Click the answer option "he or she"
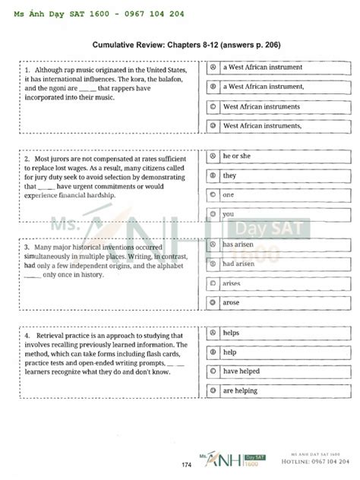coord(236,156)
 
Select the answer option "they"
coord(229,175)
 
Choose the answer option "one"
coord(228,194)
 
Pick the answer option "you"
coord(228,214)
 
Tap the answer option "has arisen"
coord(238,245)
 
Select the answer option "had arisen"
coord(238,264)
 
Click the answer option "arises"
coord(231,283)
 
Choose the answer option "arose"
coord(230,302)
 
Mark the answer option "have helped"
coord(239,371)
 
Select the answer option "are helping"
coord(239,391)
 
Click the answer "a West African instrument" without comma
coord(262,67)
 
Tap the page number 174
coord(186,465)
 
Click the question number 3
coord(26,248)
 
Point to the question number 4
coord(26,335)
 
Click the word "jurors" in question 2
coord(61,159)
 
